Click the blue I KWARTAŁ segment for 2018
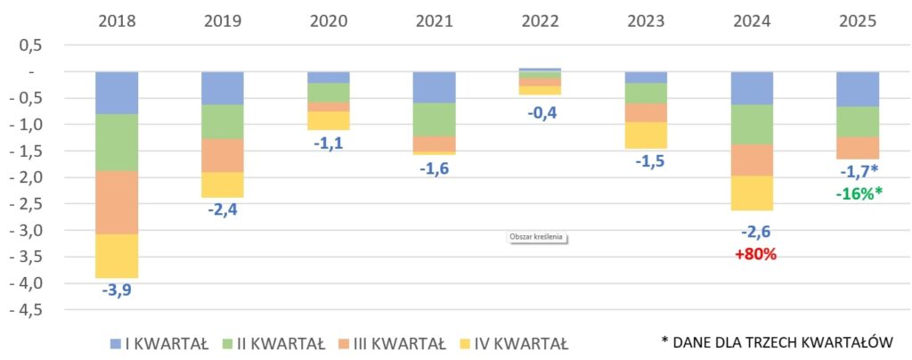coord(117,93)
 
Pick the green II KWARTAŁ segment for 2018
coord(117,143)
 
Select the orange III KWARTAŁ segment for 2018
coord(117,202)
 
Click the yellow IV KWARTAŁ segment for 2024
coord(753,193)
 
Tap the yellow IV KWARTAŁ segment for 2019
coord(223,184)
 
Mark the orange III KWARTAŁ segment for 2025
coord(858,147)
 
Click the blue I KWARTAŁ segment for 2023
coord(647,77)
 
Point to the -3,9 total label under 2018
coord(117,290)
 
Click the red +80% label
coord(755,254)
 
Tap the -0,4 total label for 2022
coord(541,111)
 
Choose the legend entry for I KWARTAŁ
coord(158,344)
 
